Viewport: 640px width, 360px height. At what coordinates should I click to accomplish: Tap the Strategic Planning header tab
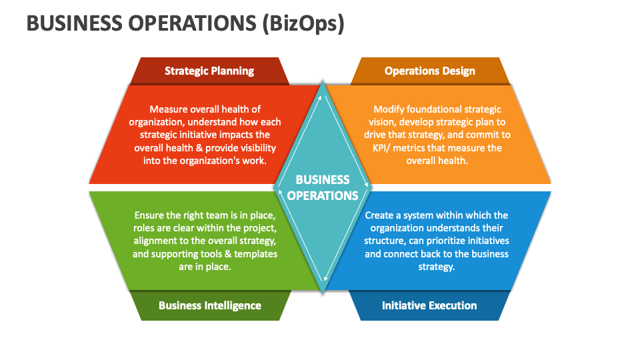click(x=209, y=71)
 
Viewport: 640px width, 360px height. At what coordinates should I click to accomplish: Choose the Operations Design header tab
click(x=430, y=71)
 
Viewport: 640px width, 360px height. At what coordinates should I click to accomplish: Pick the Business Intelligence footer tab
click(x=210, y=305)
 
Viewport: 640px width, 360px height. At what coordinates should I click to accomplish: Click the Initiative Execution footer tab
click(x=429, y=305)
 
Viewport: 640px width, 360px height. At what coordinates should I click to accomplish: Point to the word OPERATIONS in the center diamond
click(x=323, y=195)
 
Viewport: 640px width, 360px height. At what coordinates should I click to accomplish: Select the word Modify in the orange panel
click(x=389, y=109)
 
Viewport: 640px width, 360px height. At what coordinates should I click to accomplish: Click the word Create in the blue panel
click(x=381, y=215)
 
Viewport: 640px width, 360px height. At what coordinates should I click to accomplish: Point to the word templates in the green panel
click(x=255, y=254)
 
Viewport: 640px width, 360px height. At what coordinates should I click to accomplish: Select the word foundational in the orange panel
click(x=438, y=109)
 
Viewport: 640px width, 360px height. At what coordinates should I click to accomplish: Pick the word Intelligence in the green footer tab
click(x=231, y=305)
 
